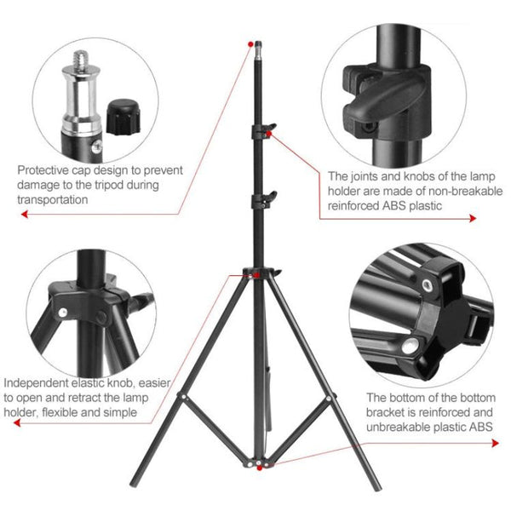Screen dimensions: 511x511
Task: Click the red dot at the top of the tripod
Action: [250, 42]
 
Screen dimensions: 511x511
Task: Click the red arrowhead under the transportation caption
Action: [23, 216]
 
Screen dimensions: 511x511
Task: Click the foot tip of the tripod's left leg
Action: [141, 503]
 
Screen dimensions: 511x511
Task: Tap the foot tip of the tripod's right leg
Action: [376, 503]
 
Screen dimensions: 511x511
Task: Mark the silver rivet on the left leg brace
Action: [183, 398]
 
